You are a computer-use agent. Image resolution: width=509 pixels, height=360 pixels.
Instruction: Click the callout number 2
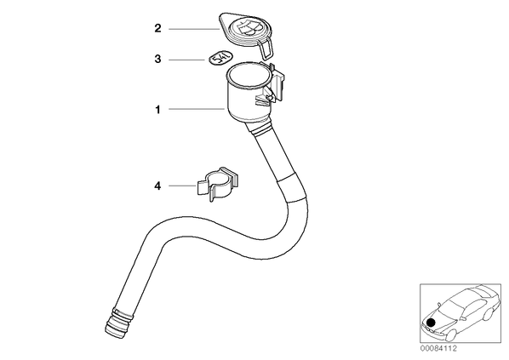tap(157, 28)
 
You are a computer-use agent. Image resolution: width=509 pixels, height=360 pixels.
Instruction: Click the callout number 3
tap(157, 60)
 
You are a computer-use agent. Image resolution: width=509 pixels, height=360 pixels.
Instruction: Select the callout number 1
tap(157, 110)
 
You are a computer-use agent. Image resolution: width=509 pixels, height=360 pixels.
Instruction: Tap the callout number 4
tap(157, 186)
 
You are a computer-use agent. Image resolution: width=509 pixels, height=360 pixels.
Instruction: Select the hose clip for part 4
tap(218, 184)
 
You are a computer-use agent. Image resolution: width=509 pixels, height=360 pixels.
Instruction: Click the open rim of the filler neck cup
tap(249, 77)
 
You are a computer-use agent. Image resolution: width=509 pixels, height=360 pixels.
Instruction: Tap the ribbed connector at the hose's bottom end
tap(119, 324)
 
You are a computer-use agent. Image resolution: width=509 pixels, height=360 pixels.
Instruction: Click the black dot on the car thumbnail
tap(431, 323)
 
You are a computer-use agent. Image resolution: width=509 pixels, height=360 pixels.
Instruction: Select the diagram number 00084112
tap(438, 349)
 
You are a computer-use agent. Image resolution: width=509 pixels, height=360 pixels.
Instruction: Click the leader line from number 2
tap(194, 29)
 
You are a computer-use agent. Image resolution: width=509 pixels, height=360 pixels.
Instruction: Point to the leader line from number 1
tap(197, 109)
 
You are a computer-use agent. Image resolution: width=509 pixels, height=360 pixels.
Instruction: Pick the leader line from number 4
tap(183, 186)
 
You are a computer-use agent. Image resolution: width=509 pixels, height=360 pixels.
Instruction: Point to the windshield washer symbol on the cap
tap(249, 27)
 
